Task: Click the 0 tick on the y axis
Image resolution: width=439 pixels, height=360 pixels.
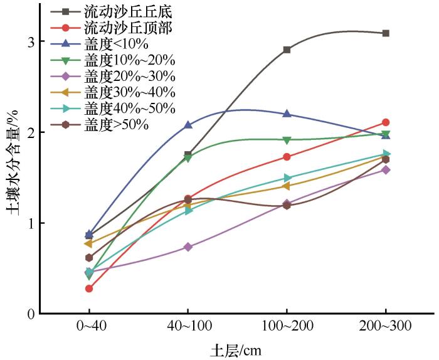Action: [30, 314]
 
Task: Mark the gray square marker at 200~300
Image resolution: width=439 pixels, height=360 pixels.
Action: [386, 33]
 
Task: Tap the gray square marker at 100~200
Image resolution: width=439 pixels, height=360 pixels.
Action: [287, 50]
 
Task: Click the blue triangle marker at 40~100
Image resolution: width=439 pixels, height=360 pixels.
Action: [188, 125]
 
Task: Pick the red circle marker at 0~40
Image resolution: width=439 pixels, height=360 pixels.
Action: [89, 289]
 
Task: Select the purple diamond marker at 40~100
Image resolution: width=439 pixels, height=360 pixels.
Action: [188, 247]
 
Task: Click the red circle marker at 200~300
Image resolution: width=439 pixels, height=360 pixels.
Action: [386, 122]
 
